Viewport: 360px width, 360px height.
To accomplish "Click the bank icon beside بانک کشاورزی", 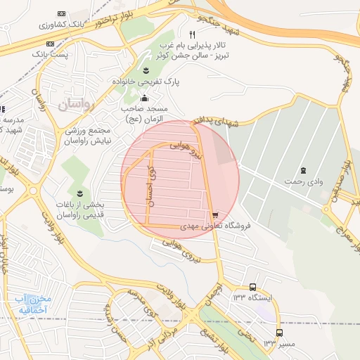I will click(x=61, y=14).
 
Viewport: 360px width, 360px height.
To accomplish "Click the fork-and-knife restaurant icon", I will click(x=192, y=34).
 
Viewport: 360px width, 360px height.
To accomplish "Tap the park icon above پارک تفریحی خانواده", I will click(x=146, y=70).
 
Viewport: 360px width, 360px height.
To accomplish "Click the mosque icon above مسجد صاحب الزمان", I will click(x=145, y=98).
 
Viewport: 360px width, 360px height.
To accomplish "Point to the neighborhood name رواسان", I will click(x=75, y=106).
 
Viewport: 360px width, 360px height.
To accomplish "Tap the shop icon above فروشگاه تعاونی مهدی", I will click(x=214, y=215).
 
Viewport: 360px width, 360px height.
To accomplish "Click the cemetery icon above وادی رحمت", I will click(x=303, y=170).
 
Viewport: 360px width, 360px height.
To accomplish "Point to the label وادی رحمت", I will click(x=303, y=181).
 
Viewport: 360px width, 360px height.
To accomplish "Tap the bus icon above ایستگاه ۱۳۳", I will click(x=253, y=287).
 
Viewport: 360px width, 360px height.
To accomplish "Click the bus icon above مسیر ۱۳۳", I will click(x=280, y=333).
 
